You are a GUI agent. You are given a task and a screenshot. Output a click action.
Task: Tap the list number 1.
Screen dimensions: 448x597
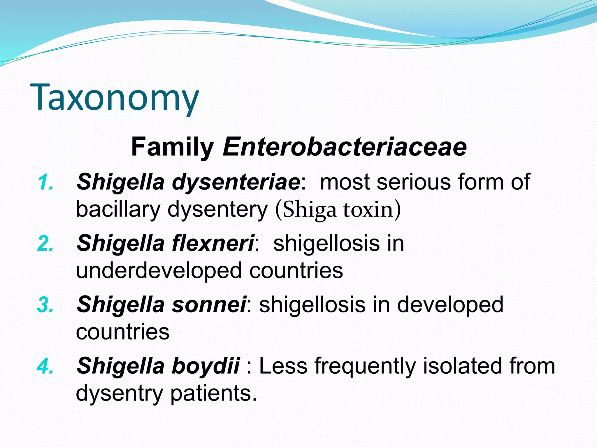coord(46,183)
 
